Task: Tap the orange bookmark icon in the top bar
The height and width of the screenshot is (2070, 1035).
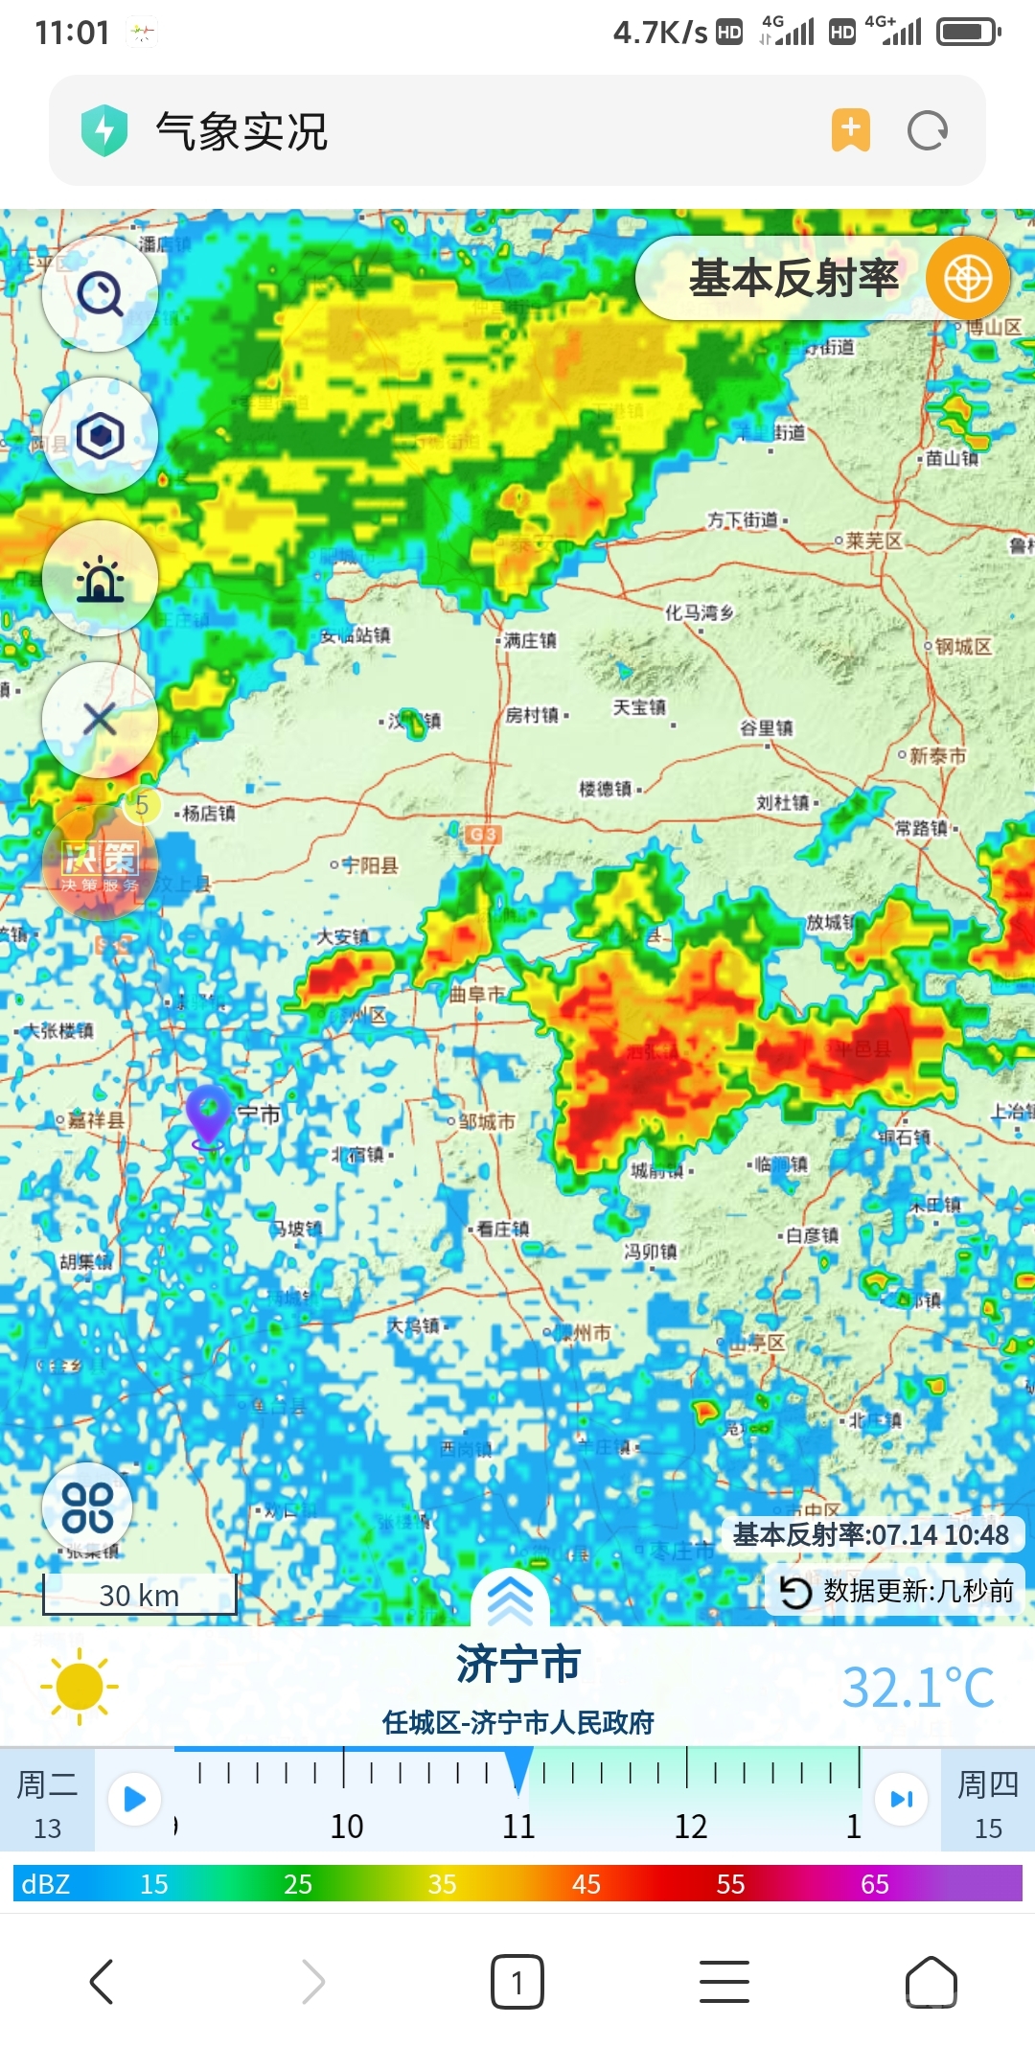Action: [850, 130]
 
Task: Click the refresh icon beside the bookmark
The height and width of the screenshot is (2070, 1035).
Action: [927, 130]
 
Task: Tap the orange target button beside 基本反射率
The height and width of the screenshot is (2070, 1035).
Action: [967, 279]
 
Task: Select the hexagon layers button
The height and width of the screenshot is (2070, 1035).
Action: [100, 436]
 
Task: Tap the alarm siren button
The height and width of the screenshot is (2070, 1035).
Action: [100, 579]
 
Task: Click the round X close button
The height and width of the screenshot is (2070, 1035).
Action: [100, 719]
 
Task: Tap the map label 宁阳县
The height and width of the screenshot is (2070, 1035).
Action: [369, 865]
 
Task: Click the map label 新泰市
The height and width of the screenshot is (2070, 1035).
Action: [936, 756]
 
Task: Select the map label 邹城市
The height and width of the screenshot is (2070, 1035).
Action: [486, 1120]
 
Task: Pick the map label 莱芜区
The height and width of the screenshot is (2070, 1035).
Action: [873, 540]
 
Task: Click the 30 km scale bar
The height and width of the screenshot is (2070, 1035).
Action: [139, 1595]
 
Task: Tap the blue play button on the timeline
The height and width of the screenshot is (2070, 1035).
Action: [134, 1799]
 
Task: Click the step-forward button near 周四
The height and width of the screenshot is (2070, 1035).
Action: [901, 1799]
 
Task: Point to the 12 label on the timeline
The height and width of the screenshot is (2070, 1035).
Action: [690, 1826]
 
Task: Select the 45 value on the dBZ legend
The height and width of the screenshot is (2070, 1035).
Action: [586, 1884]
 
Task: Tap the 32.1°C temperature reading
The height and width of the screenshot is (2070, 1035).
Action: [917, 1688]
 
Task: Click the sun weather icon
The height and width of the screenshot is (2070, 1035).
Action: [80, 1687]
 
